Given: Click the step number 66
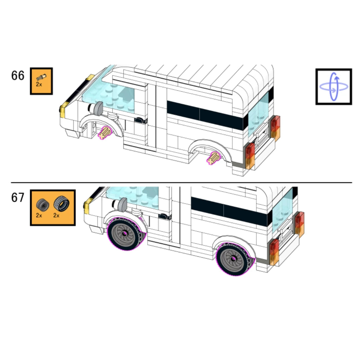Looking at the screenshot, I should coord(18,76).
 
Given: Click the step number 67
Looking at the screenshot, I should coord(18,198).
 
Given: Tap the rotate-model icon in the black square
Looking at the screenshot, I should coord(334,87).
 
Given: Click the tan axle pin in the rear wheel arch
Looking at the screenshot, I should coord(213,158).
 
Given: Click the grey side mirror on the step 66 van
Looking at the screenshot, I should coord(98,108).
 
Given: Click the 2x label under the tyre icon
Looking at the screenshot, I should coord(56,216).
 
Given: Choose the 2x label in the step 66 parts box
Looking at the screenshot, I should coord(39,84).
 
